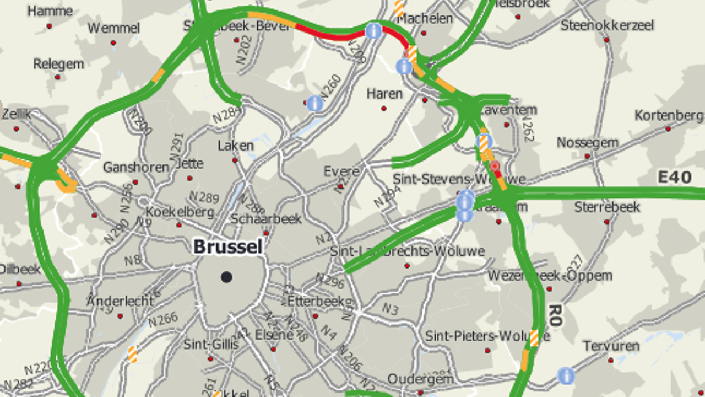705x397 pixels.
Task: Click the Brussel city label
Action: (x=227, y=247)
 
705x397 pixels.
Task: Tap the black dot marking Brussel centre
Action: (x=226, y=277)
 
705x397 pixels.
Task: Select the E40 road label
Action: (x=675, y=178)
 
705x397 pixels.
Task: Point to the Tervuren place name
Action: (x=611, y=346)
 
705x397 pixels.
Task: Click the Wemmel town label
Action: (x=113, y=28)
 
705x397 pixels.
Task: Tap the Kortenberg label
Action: (x=669, y=116)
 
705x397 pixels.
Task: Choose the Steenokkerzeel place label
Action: (x=607, y=25)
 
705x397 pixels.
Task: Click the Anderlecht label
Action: (x=120, y=301)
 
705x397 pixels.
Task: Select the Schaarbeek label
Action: (x=266, y=218)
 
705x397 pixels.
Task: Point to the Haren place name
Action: (x=384, y=94)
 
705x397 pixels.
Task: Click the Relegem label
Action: (x=58, y=64)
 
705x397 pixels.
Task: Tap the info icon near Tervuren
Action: (x=566, y=376)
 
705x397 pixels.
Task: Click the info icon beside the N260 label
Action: (x=315, y=103)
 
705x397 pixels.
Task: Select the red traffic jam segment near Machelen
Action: (x=330, y=35)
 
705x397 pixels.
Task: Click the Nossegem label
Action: (x=587, y=143)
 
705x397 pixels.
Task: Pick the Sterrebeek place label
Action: (x=607, y=207)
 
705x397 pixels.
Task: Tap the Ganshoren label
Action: (x=136, y=167)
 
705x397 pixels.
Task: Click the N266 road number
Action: (x=162, y=319)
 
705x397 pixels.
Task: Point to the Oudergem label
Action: (x=420, y=379)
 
